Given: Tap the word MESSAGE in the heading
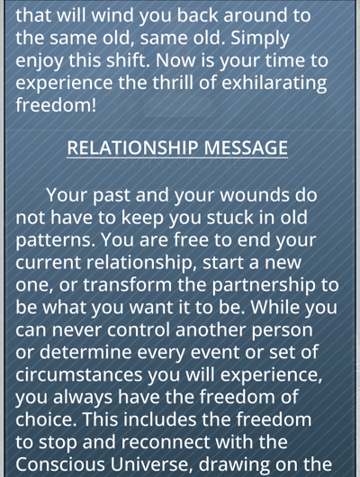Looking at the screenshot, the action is click(x=246, y=148).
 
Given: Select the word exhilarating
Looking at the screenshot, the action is click(x=274, y=83).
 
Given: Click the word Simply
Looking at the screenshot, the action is click(x=259, y=39).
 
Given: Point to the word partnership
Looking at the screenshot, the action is click(x=264, y=286).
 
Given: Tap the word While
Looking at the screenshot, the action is click(x=275, y=307).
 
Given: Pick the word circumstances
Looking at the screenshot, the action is click(x=79, y=374).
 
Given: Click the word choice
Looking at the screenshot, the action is click(x=46, y=419).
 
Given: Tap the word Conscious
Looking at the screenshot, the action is click(x=60, y=464).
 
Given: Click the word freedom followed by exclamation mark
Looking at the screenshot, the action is click(x=56, y=104).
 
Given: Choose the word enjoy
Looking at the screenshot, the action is click(x=40, y=61).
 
